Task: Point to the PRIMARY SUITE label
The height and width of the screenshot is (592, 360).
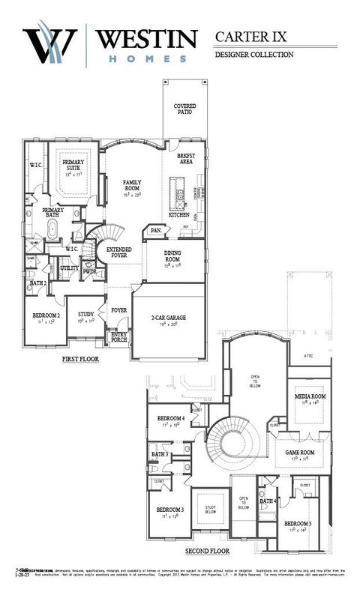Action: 73,166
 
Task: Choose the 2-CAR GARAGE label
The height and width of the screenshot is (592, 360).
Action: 168,318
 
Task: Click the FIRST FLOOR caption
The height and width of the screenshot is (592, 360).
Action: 80,360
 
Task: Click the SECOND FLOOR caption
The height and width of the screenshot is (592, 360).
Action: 207,551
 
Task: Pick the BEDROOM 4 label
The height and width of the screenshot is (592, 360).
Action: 171,418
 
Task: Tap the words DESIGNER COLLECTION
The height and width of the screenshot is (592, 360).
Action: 253,55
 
